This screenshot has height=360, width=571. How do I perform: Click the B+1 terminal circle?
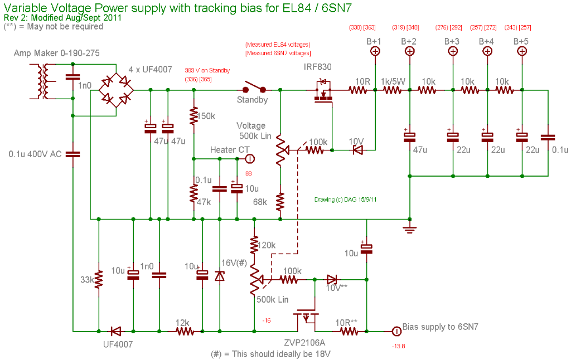pos(375,51)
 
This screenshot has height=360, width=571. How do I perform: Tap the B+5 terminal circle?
pos(522,51)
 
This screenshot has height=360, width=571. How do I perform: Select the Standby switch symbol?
pos(254,88)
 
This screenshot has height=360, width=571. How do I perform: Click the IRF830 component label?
pos(317,67)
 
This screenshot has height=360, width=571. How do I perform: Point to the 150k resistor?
pos(193,116)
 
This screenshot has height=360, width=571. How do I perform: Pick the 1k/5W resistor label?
pos(393,81)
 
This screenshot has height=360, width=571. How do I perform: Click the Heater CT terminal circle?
pos(250,158)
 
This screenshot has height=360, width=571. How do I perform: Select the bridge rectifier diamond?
pos(116,89)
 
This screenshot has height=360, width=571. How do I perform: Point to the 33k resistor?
pos(98,280)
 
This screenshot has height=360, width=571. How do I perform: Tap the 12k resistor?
pos(185,332)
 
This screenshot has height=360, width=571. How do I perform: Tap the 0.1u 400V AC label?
pos(35,154)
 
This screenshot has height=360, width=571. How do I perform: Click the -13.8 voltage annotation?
pos(398,346)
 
